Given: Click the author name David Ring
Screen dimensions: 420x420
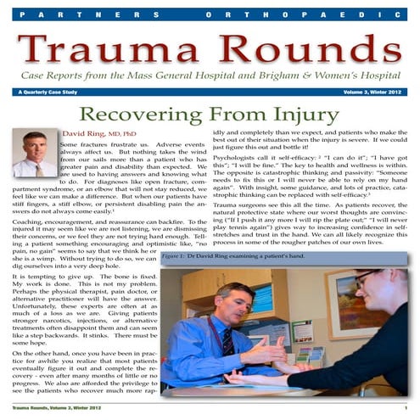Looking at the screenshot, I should click(86, 134).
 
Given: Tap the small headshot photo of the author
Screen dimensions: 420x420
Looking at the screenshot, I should click(35, 154).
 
